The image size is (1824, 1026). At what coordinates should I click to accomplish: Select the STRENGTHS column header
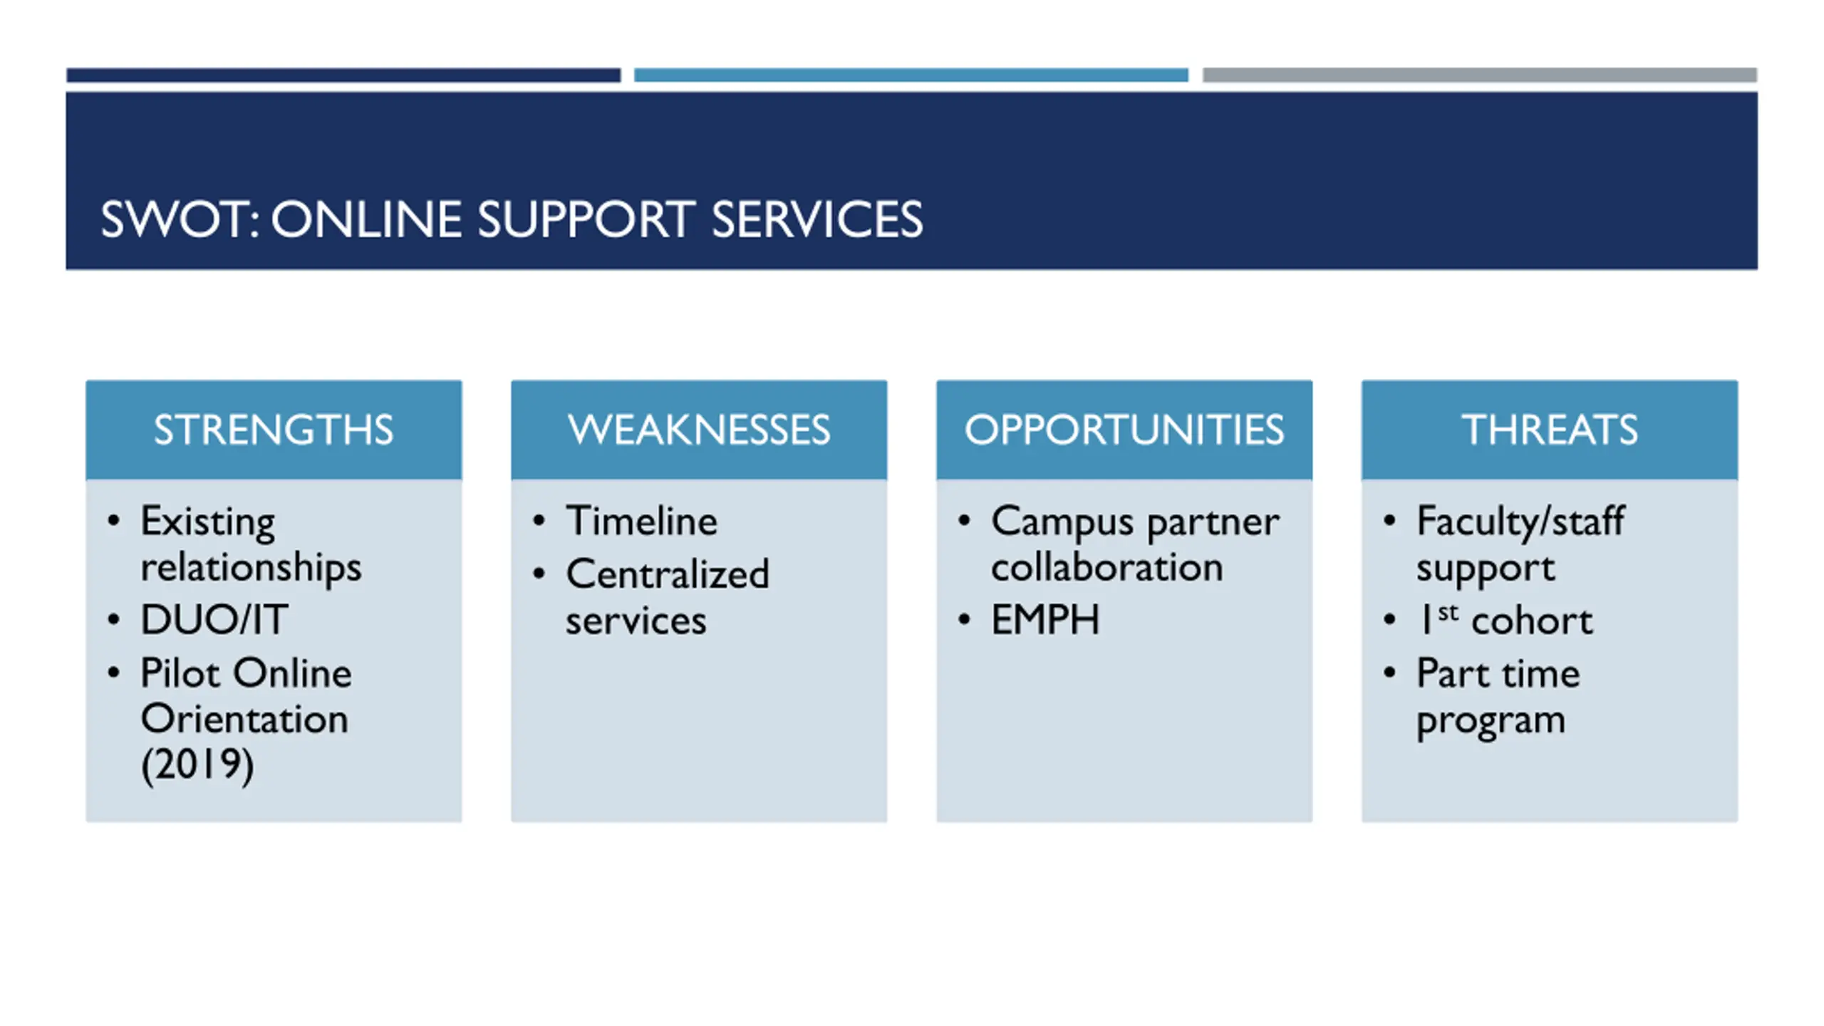[x=274, y=430]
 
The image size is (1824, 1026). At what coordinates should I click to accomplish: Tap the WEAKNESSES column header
[x=699, y=430]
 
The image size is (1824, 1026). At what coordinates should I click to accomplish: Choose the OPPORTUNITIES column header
[x=1124, y=430]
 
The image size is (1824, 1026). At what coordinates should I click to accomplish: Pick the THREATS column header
[x=1550, y=430]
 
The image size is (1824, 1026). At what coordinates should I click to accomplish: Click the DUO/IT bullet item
[x=214, y=619]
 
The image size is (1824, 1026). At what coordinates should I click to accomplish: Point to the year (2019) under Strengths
[x=197, y=765]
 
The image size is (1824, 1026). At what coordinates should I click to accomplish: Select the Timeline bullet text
[x=641, y=521]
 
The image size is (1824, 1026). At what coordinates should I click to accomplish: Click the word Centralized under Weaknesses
[x=668, y=574]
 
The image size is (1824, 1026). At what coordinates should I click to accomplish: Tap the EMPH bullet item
[x=1045, y=619]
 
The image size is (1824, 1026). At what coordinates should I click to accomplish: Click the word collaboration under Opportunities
[x=1107, y=568]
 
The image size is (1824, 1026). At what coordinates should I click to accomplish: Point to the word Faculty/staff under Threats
[x=1520, y=521]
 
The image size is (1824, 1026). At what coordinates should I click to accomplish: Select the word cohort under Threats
[x=1532, y=621]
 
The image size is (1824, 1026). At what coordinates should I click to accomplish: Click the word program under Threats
[x=1491, y=721]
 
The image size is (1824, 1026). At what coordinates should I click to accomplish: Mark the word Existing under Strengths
[x=207, y=522]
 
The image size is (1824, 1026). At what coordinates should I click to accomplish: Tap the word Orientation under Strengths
[x=244, y=719]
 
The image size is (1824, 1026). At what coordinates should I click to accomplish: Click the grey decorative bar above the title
[x=1480, y=75]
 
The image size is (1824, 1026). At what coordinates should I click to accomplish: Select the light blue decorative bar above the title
[x=911, y=75]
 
